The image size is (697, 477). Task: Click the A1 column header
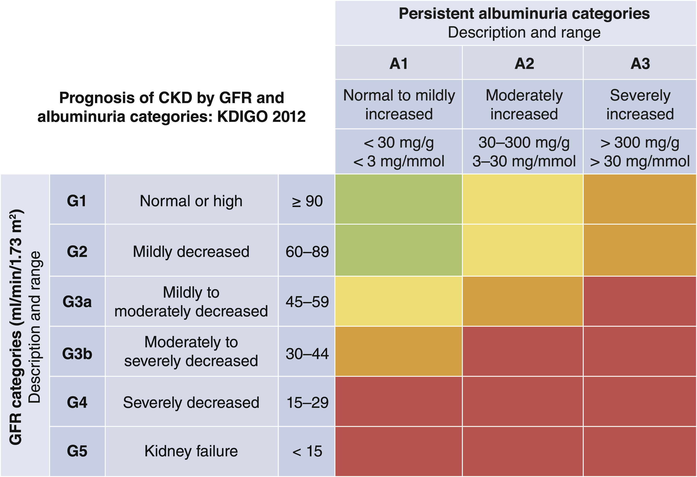coord(399,64)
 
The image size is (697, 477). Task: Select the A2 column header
coord(524,64)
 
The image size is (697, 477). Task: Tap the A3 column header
coord(640,64)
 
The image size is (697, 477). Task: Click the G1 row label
coord(77,201)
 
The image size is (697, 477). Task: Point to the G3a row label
coord(77,302)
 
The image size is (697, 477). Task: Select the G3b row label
coord(77,354)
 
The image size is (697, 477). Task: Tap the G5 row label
coord(77,451)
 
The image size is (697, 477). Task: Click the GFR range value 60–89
coord(307,252)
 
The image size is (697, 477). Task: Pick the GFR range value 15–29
coord(307,402)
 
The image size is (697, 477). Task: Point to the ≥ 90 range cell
coord(307,201)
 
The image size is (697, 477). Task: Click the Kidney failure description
coord(191,451)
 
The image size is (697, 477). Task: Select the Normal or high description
coord(191,201)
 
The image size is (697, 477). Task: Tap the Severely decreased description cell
coord(191,402)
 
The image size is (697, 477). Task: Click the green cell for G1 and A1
coord(398,199)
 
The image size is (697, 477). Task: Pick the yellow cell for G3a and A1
coord(398,301)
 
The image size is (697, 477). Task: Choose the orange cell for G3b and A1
coord(398,351)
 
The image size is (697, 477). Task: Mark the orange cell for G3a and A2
coord(522,301)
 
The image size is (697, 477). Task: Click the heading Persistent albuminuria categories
coord(524,14)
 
